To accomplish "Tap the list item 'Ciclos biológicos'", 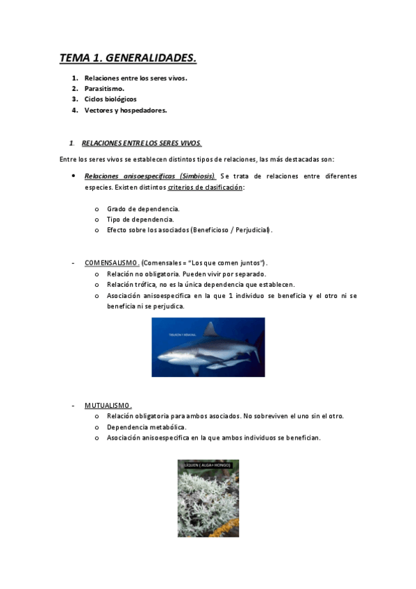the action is (110, 99).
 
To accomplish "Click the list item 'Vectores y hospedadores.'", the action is (126, 110).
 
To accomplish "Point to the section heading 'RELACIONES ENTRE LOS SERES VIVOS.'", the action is (142, 143).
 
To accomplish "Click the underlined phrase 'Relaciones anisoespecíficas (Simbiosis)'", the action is (150, 176).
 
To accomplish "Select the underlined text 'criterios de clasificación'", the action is (205, 188).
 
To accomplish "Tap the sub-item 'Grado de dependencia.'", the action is (143, 208).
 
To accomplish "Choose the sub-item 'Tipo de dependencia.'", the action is (140, 219).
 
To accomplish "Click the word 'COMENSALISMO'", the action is (112, 263).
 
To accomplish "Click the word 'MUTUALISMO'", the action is (108, 405).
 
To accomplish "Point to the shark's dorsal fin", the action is (210, 329).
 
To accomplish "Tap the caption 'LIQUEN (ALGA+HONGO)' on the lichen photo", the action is (208, 463).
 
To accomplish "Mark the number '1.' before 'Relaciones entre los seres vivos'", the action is (74, 78).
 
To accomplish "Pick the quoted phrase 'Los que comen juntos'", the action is (228, 263).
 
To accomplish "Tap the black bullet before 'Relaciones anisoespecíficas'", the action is (74, 176).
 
